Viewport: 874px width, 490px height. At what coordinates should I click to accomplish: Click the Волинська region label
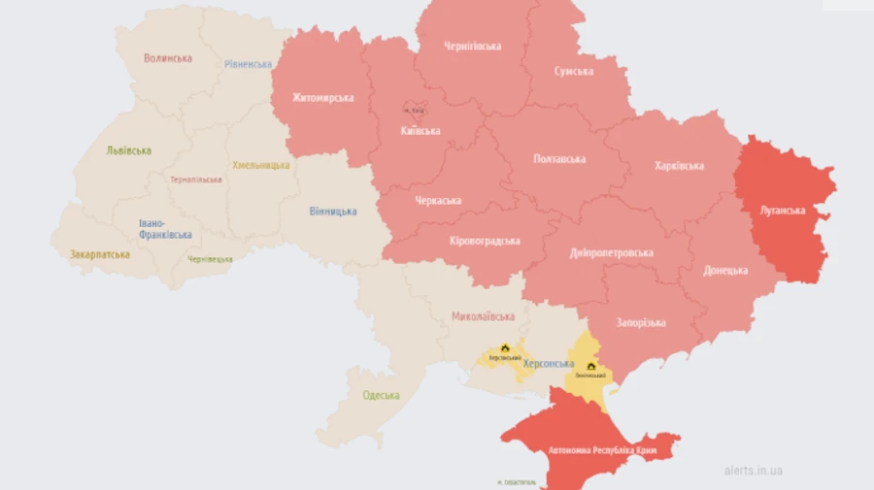point(168,58)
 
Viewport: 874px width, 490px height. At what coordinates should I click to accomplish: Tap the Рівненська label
point(248,64)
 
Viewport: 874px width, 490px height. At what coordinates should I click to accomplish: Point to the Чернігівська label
point(473,46)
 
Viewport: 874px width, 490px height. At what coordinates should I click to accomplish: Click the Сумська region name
point(575,71)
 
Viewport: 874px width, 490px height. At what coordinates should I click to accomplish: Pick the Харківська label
point(679,166)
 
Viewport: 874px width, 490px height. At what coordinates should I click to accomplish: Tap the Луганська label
point(783,210)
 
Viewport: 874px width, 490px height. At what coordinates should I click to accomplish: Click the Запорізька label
point(641,322)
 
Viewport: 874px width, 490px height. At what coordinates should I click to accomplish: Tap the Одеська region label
point(381,395)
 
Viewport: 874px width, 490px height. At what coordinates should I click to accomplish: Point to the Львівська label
point(129,150)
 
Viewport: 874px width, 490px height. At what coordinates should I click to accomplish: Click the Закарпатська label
point(99,254)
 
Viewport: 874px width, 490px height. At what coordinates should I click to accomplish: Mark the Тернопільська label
point(196,180)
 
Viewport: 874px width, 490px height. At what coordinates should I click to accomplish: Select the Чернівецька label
point(211,259)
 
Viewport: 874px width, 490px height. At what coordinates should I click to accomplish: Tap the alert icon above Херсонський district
point(505,347)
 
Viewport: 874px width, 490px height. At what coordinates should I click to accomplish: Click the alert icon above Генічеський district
point(590,366)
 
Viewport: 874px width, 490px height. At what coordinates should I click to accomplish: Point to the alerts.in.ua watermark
point(754,471)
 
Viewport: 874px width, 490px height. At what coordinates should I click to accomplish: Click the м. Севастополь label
point(515,482)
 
